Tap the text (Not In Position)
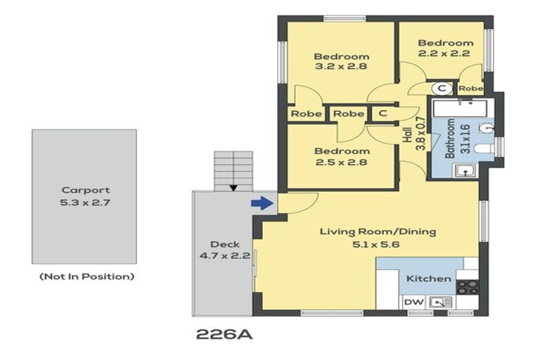click(86, 276)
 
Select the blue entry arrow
click(261, 203)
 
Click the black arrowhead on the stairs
click(232, 187)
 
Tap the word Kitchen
click(428, 278)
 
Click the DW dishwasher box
click(413, 302)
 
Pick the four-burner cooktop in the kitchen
click(468, 287)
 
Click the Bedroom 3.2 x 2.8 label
click(342, 62)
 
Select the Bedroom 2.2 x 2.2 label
click(444, 47)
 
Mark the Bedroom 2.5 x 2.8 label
click(342, 157)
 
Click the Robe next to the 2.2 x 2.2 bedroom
click(470, 89)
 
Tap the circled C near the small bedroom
click(442, 89)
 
